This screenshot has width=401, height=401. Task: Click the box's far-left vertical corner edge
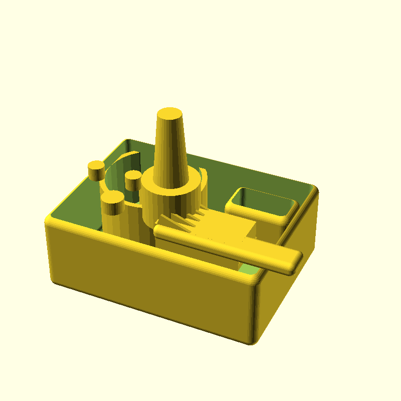pyautogui.click(x=49, y=251)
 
